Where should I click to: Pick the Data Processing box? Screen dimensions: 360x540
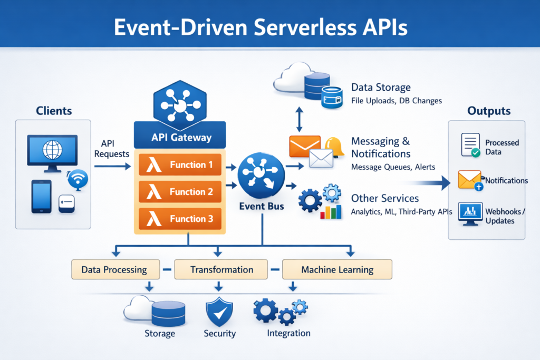pyautogui.click(x=114, y=269)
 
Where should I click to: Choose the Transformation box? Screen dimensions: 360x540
pyautogui.click(x=221, y=269)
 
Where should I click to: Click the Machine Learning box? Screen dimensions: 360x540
pyautogui.click(x=337, y=269)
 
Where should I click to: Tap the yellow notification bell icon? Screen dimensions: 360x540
pyautogui.click(x=334, y=146)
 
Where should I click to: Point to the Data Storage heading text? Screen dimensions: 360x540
pyautogui.click(x=380, y=87)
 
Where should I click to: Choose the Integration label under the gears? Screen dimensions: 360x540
pyautogui.click(x=288, y=333)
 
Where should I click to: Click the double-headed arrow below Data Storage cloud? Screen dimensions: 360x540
pyautogui.click(x=299, y=119)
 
